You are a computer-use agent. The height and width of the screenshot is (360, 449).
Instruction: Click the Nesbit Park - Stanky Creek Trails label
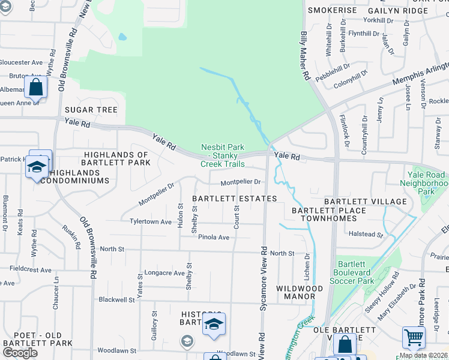click(x=222, y=155)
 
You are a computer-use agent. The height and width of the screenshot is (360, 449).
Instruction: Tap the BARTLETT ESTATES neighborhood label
click(x=234, y=199)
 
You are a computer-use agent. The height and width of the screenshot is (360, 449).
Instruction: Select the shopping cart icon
click(x=414, y=338)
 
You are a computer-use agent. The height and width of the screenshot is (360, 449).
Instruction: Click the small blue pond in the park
click(x=122, y=37)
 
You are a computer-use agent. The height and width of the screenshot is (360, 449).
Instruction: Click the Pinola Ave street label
click(x=214, y=237)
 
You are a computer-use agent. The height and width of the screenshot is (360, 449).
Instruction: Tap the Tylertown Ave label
click(x=151, y=221)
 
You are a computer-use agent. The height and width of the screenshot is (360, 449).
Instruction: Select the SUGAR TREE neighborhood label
click(x=91, y=110)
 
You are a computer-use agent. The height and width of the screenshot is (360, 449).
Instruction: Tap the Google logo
click(x=20, y=352)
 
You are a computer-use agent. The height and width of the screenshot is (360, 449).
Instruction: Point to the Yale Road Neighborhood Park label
click(x=425, y=183)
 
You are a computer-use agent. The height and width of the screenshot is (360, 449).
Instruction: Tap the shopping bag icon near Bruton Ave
click(x=36, y=88)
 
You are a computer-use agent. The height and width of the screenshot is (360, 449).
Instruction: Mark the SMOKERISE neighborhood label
click(x=332, y=11)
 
